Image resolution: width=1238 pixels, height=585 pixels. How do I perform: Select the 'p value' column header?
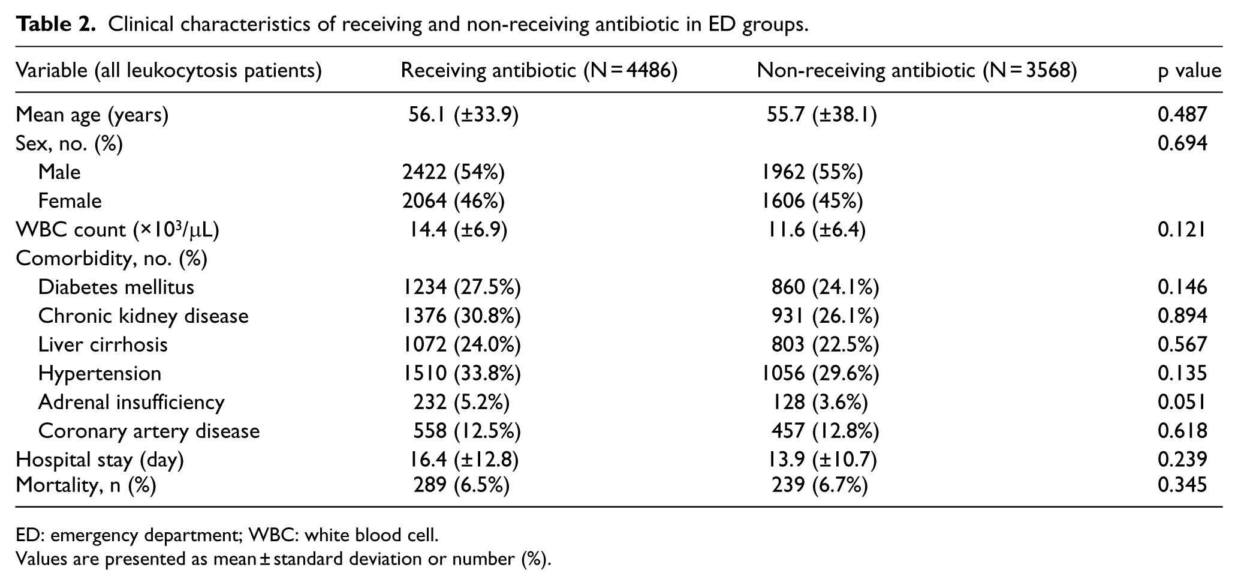pyautogui.click(x=1189, y=71)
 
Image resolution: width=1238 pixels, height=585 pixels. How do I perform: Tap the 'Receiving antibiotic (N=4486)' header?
pyautogui.click(x=539, y=71)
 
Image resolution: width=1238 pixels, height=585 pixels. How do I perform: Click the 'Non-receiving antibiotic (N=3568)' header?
pyautogui.click(x=917, y=71)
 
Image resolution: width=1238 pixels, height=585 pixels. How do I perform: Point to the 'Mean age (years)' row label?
pyautogui.click(x=92, y=114)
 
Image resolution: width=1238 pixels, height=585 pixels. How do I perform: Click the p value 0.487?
pyautogui.click(x=1182, y=114)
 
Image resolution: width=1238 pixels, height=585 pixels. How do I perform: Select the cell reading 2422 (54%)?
pyautogui.click(x=453, y=172)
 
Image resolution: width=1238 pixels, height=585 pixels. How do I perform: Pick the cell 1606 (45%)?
pyautogui.click(x=812, y=201)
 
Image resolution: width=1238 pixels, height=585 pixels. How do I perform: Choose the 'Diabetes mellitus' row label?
pyautogui.click(x=116, y=287)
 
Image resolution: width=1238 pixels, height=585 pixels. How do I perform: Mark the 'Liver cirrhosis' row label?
pyautogui.click(x=103, y=344)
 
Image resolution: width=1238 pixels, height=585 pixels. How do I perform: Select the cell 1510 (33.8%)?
pyautogui.click(x=462, y=373)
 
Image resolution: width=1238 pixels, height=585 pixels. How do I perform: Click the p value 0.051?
pyautogui.click(x=1182, y=402)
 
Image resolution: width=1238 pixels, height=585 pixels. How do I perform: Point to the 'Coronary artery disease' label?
pyautogui.click(x=149, y=431)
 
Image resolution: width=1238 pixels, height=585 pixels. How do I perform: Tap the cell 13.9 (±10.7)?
pyautogui.click(x=819, y=460)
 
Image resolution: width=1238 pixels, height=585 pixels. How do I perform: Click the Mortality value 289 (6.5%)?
pyautogui.click(x=462, y=485)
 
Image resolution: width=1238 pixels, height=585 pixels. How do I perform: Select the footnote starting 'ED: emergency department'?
pyautogui.click(x=227, y=534)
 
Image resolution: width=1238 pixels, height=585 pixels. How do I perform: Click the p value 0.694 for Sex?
pyautogui.click(x=1182, y=143)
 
